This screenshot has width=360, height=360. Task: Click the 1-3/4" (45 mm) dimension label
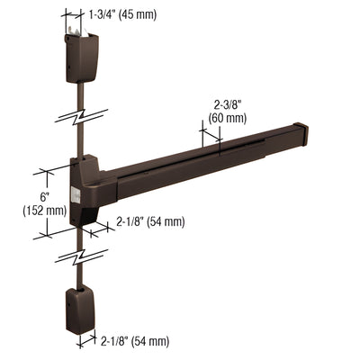pos(125,14)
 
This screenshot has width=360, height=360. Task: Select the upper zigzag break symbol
pos(81,118)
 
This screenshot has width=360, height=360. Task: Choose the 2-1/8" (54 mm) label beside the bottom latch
pos(134,340)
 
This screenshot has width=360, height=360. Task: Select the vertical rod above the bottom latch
pos(81,274)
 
